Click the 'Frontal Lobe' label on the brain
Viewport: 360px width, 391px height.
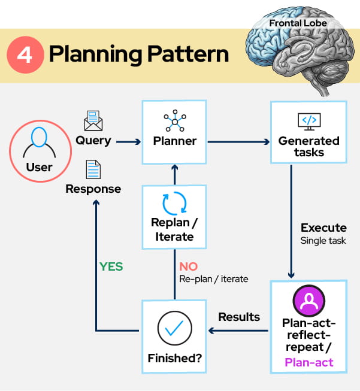tap(298, 23)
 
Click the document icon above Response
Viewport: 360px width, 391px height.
tap(93, 169)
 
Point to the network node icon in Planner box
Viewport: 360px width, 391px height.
tap(174, 122)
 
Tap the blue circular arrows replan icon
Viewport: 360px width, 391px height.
tap(174, 203)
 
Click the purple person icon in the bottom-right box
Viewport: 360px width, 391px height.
tap(309, 301)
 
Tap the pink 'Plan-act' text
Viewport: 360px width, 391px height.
tap(309, 362)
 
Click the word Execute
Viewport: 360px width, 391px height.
tap(323, 228)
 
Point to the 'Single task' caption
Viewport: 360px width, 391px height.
tap(323, 241)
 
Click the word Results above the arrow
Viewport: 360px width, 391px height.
tap(239, 317)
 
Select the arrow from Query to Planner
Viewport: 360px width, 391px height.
tap(128, 142)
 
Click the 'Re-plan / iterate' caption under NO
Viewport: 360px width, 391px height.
tap(213, 279)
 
